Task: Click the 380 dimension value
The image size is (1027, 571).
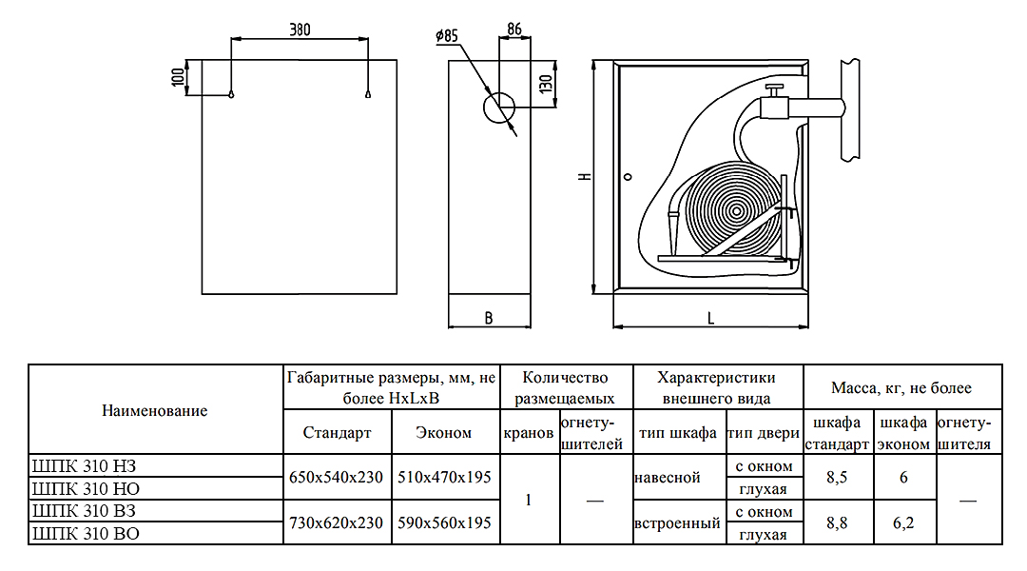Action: click(300, 30)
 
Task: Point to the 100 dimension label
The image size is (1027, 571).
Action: click(178, 77)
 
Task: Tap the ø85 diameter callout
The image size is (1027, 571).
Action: click(446, 36)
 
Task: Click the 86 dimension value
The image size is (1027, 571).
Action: click(513, 29)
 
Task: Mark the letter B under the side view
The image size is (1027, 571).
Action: click(489, 319)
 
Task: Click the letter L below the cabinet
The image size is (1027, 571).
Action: click(711, 319)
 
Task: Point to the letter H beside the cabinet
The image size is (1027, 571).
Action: click(581, 177)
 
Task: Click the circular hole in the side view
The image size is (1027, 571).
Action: click(497, 108)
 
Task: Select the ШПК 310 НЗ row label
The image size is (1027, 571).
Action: click(86, 465)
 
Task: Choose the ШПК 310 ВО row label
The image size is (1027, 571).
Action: click(86, 534)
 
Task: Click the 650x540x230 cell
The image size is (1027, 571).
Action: click(338, 477)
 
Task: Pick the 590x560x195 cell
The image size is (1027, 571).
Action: click(444, 522)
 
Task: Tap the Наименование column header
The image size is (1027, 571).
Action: click(154, 411)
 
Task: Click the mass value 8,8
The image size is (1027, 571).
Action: click(837, 522)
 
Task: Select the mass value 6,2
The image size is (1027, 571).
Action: click(903, 522)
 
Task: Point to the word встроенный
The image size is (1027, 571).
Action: click(677, 522)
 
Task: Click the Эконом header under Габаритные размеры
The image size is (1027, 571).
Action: click(444, 433)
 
